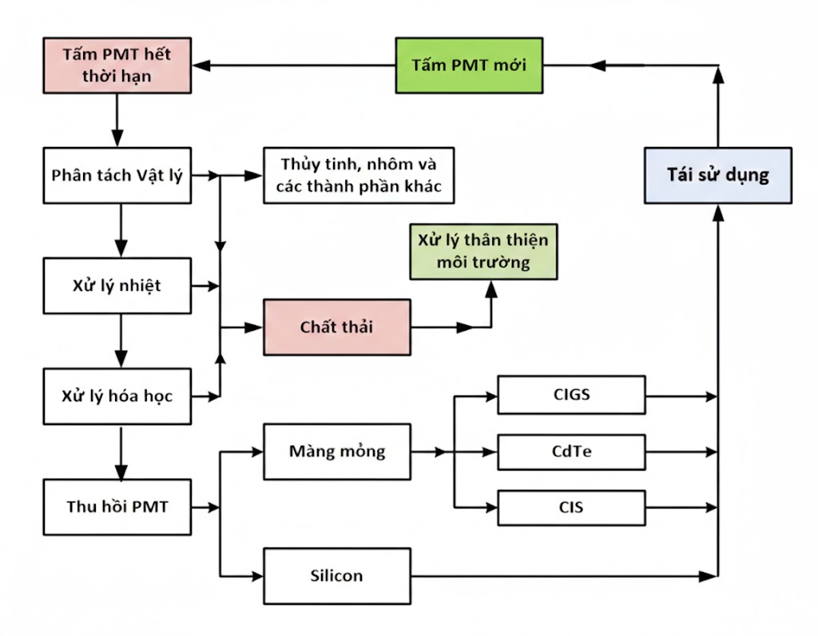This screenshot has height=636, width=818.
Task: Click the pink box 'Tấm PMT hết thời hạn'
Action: point(117,66)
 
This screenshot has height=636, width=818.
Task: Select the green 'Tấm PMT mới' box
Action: point(468,65)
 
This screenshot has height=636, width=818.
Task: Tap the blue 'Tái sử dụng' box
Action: point(717,175)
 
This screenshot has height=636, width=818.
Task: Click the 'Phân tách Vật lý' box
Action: point(117,175)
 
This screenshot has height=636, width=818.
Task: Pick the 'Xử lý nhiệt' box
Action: point(117,285)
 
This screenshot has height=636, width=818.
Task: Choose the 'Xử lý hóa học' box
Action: point(117,396)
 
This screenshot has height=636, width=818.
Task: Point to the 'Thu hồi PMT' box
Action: point(117,506)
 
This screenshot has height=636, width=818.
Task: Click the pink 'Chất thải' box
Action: point(336,327)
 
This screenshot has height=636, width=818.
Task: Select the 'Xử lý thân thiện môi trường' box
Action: point(484,252)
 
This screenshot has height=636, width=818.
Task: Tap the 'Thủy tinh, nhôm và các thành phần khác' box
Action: point(358,175)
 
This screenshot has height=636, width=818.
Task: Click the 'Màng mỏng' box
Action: point(336,451)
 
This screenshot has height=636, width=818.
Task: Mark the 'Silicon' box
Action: point(336,575)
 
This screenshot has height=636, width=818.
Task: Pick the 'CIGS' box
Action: point(571,395)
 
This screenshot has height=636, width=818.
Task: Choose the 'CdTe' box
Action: point(571,451)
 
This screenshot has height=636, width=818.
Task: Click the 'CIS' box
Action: point(571,507)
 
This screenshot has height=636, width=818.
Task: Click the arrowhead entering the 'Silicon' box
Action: point(256,575)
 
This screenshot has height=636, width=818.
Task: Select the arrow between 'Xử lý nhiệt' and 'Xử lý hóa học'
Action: point(120,340)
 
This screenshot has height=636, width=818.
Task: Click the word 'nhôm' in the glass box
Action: point(391,165)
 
